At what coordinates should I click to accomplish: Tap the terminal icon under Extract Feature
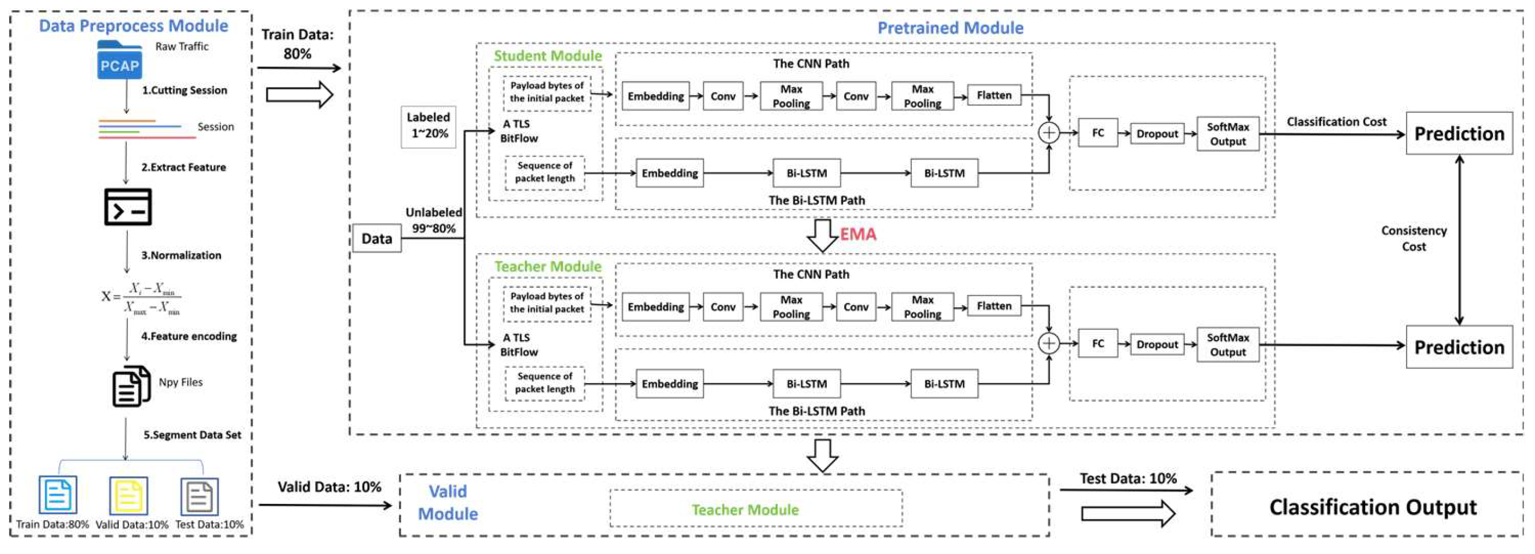pyautogui.click(x=127, y=207)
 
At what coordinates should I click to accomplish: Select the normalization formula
pyautogui.click(x=140, y=296)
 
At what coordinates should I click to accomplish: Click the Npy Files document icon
pyautogui.click(x=131, y=386)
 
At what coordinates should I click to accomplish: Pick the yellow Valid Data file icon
pyautogui.click(x=128, y=495)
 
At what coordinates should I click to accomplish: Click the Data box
pyautogui.click(x=377, y=238)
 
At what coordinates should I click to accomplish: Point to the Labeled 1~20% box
pyautogui.click(x=428, y=126)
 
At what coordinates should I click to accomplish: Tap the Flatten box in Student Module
pyautogui.click(x=993, y=95)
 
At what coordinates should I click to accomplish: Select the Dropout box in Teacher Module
pyautogui.click(x=1157, y=344)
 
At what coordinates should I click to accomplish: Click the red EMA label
pyautogui.click(x=858, y=234)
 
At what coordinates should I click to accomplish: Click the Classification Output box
pyautogui.click(x=1372, y=506)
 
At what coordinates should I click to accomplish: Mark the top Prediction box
pyautogui.click(x=1459, y=133)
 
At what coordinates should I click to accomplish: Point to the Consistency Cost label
pyautogui.click(x=1414, y=238)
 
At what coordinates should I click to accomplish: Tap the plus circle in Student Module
pyautogui.click(x=1049, y=132)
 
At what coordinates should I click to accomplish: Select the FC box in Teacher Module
pyautogui.click(x=1097, y=344)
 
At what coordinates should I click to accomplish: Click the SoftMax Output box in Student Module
pyautogui.click(x=1227, y=134)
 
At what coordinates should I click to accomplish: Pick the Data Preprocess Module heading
pyautogui.click(x=133, y=26)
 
